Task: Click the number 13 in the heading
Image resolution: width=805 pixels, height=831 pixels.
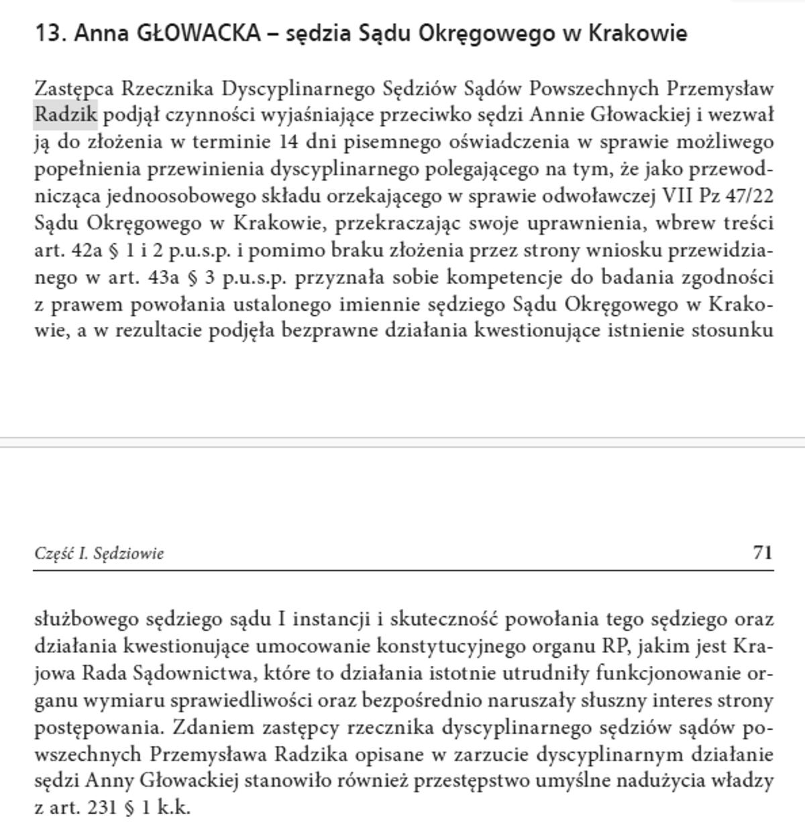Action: pos(48,33)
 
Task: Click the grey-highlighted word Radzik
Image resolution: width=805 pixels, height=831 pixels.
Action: pos(66,115)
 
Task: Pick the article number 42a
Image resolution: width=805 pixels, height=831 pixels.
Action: pos(87,250)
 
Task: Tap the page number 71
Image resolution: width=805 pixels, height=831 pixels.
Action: pos(763,552)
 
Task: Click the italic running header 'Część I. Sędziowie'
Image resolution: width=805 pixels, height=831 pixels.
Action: pos(99,554)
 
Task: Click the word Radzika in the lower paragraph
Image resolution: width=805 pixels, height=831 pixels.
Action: pos(311,754)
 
